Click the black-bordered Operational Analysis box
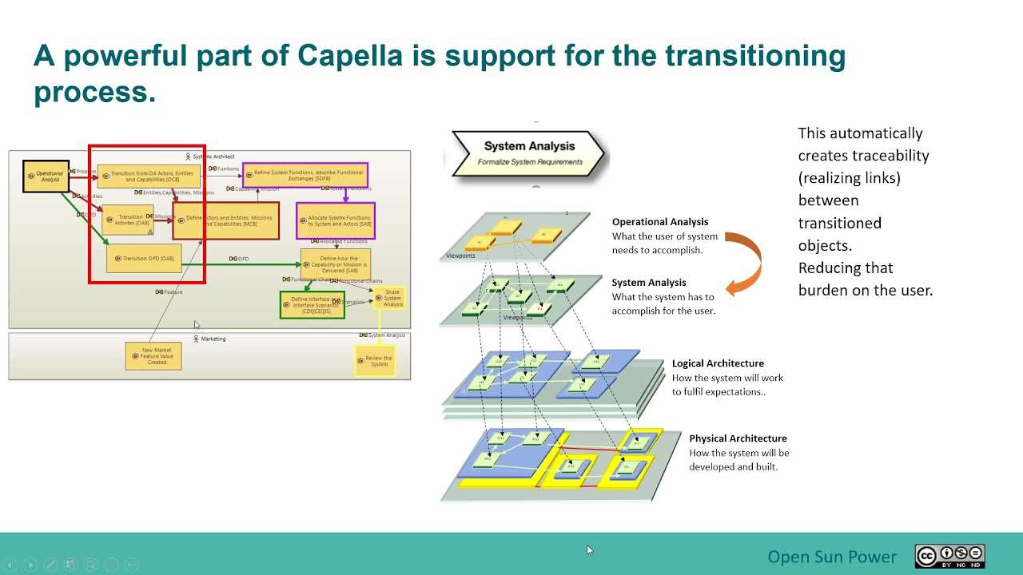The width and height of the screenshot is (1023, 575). tap(46, 176)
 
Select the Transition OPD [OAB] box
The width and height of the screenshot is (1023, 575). tap(145, 259)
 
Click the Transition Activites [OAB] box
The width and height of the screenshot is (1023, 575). tap(128, 220)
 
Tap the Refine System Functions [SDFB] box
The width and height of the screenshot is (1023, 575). tap(305, 175)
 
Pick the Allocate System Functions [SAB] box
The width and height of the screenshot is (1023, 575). tap(336, 220)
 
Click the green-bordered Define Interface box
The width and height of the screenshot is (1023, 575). tap(312, 304)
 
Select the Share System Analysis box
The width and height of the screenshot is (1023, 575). tap(391, 299)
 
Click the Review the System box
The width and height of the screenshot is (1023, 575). tap(375, 361)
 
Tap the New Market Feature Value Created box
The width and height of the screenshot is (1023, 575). tap(153, 356)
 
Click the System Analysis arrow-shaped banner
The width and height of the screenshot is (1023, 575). tap(528, 153)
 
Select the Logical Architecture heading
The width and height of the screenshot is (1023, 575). tap(718, 363)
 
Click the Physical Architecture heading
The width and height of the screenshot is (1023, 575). tap(738, 438)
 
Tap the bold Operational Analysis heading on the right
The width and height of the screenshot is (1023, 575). tap(659, 222)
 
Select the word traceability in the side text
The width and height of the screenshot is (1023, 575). tap(890, 156)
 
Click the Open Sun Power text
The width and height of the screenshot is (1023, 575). tap(832, 557)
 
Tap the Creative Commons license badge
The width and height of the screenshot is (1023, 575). tap(949, 557)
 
